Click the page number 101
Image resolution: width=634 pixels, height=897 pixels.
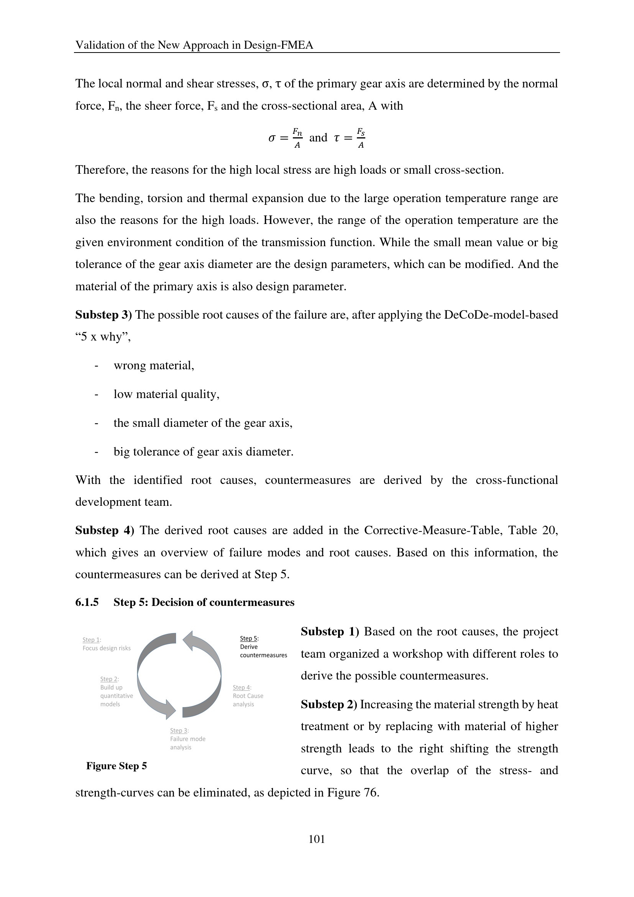tap(317, 839)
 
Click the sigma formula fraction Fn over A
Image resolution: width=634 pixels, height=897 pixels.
tap(297, 138)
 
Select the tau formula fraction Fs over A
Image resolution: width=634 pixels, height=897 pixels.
tap(361, 138)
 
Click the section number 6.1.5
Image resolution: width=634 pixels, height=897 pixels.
tap(87, 602)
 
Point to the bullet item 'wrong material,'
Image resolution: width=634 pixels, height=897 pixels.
tap(154, 365)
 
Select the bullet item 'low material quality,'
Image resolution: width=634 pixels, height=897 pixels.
tap(166, 394)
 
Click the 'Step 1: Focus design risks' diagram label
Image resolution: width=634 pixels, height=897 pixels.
tap(106, 644)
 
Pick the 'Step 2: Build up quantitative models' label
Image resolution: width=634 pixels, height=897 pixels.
tap(117, 691)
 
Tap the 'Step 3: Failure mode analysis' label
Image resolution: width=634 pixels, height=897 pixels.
tap(187, 739)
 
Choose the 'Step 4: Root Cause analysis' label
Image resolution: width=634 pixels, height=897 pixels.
tap(248, 696)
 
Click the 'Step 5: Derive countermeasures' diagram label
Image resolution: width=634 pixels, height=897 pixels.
tap(263, 647)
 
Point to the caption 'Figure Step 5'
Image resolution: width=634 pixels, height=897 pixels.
tap(117, 766)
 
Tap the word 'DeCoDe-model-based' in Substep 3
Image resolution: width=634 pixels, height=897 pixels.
tap(501, 315)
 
